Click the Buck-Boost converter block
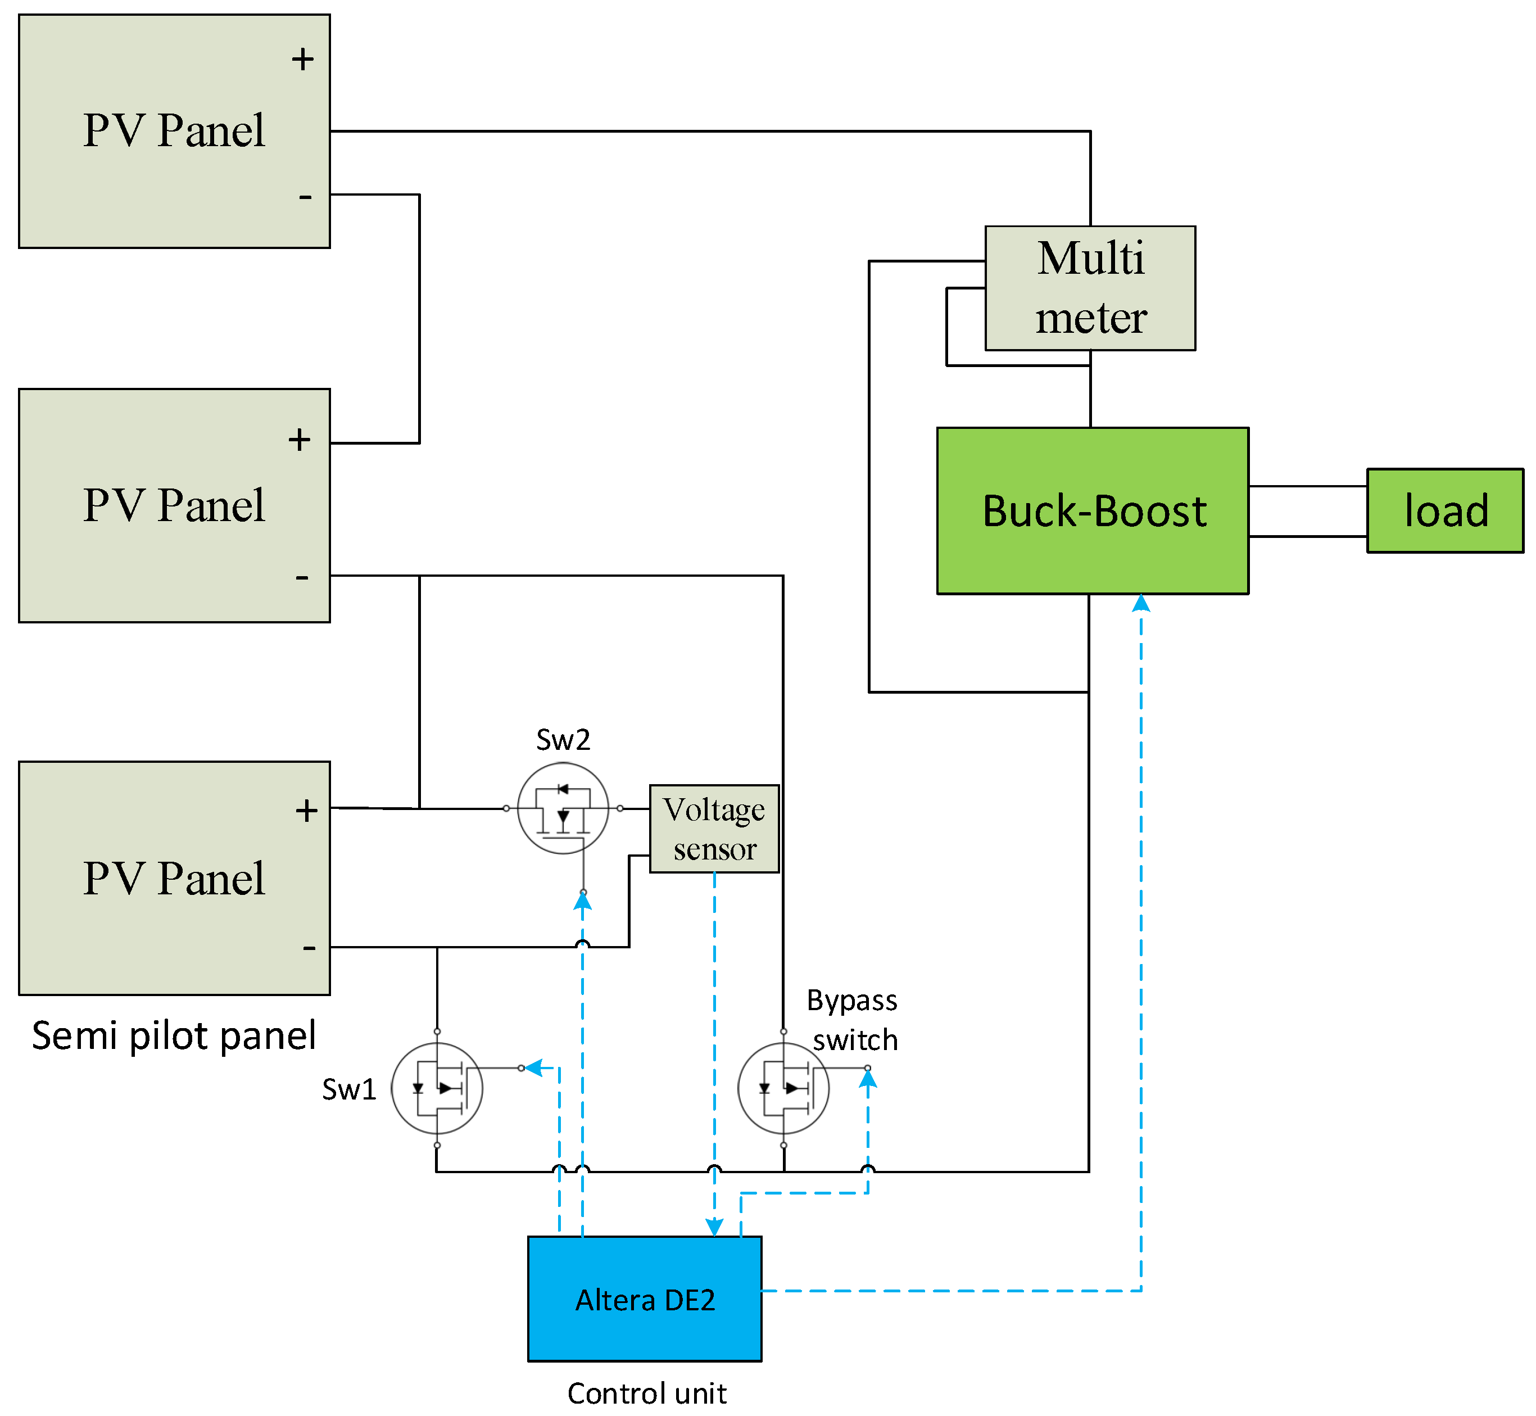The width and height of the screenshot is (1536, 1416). (1093, 510)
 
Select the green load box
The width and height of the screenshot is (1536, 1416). (1445, 510)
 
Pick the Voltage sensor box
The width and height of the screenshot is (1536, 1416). (714, 829)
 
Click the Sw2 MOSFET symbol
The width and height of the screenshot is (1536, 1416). (563, 808)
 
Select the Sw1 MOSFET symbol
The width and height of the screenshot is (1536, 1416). (437, 1088)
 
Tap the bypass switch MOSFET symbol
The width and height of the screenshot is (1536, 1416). (783, 1088)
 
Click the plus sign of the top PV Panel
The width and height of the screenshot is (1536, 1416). (302, 59)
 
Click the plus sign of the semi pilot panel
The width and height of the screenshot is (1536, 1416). (306, 811)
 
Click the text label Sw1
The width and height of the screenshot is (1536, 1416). (348, 1089)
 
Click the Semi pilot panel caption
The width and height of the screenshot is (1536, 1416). (173, 1036)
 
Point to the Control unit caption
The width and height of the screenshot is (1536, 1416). (646, 1393)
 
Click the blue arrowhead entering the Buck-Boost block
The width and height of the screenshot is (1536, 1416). (1141, 603)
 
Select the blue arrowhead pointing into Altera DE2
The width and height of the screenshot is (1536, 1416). (714, 1227)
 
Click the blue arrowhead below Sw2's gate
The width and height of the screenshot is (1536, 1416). (583, 901)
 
